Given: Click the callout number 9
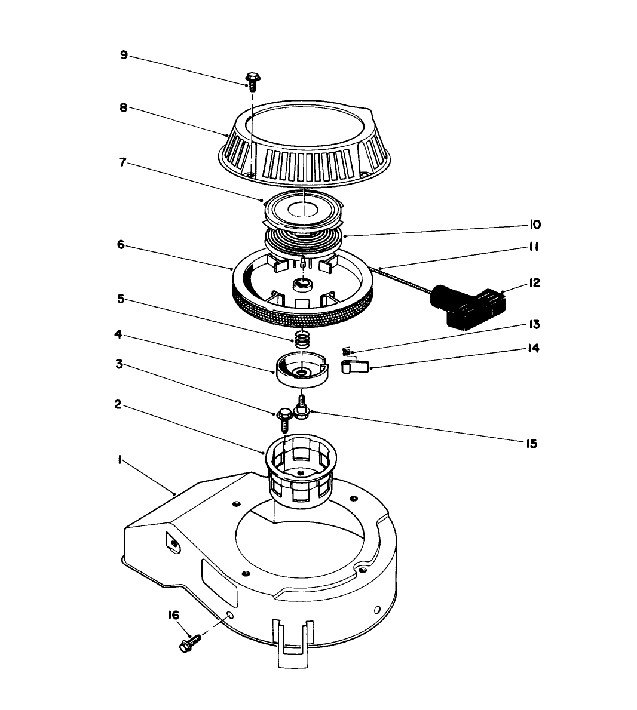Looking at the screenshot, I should (x=124, y=55).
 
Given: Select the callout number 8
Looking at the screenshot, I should (x=124, y=108).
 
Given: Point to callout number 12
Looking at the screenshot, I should (x=534, y=282).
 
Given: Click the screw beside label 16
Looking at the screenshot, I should (x=191, y=643).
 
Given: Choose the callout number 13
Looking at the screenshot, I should (x=534, y=325).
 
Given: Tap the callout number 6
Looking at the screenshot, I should (x=121, y=244).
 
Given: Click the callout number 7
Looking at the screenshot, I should (x=122, y=162).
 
